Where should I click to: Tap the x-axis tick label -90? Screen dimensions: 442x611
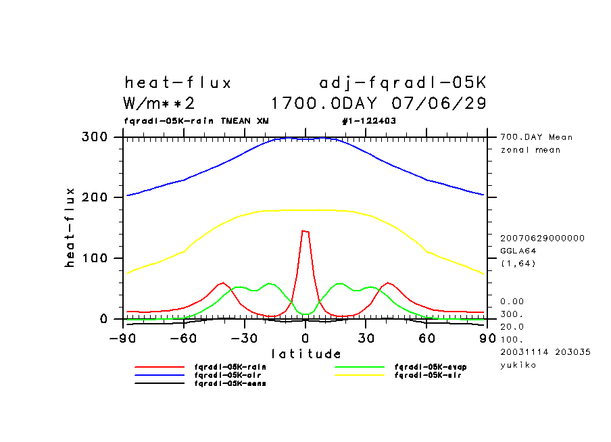point(122,338)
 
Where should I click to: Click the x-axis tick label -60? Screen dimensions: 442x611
point(183,338)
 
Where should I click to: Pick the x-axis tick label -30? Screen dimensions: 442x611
point(244,338)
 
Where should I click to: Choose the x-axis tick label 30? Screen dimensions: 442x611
point(366,338)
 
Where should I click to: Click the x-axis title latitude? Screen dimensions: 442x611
point(305,353)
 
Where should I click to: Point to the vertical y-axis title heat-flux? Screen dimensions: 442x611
point(70,228)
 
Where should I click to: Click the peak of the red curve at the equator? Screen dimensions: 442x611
point(305,231)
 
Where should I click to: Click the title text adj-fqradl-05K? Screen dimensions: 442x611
point(402,83)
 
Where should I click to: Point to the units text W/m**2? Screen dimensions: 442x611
point(160,104)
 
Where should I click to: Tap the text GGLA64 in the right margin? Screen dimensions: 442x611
point(516,250)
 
